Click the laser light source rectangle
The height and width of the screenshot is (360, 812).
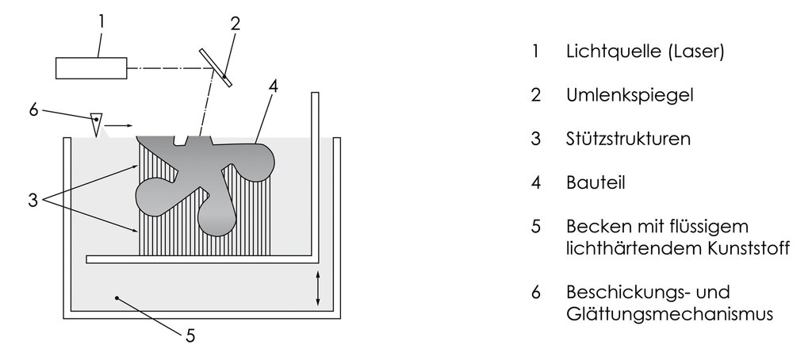91,68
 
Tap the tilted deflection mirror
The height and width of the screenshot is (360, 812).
216,68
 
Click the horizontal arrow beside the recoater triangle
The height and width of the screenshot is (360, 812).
121,124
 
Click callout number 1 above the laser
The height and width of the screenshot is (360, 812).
101,21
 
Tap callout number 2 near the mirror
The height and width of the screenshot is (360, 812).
235,24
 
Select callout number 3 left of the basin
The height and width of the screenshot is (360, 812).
33,201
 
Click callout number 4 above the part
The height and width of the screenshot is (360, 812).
273,86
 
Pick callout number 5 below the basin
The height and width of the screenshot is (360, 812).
190,336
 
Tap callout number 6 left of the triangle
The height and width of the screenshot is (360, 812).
33,109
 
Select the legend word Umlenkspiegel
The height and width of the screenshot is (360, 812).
630,96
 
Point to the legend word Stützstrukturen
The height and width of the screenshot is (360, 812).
628,139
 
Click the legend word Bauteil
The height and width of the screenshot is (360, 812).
596,182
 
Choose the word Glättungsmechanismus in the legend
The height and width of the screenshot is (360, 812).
669,315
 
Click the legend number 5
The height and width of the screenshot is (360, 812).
535,227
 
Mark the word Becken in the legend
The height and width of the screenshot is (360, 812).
594,227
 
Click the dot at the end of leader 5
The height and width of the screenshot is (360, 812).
117,298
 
